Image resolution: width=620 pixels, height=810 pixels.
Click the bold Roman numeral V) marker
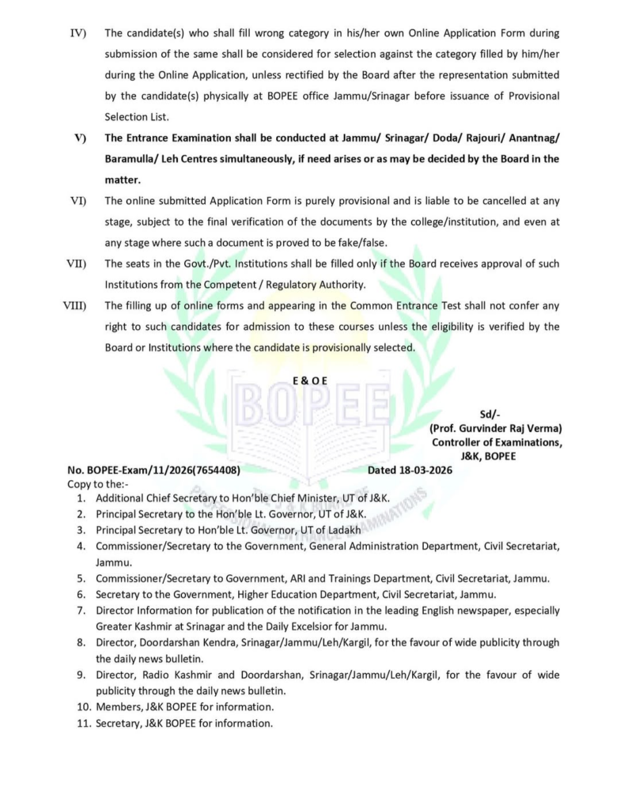(80, 138)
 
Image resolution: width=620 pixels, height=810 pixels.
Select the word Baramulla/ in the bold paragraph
(131, 159)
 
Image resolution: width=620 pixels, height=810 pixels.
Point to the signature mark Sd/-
(492, 414)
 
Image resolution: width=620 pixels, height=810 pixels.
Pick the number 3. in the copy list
(81, 530)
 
